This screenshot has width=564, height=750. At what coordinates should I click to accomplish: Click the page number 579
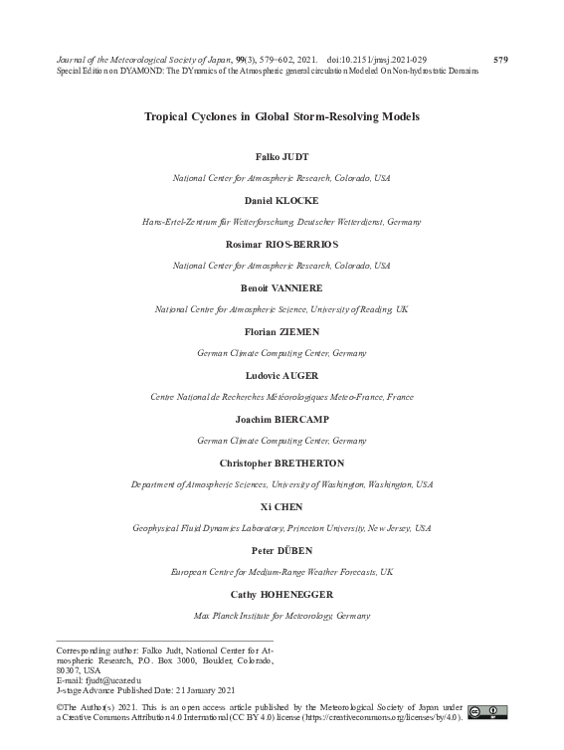click(x=500, y=60)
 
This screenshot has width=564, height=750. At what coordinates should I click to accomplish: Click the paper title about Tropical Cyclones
click(x=282, y=116)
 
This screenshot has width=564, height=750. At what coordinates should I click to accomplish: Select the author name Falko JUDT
click(x=282, y=158)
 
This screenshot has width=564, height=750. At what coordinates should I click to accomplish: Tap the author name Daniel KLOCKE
click(x=282, y=200)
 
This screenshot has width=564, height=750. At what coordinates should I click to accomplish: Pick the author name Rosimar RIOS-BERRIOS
click(x=282, y=243)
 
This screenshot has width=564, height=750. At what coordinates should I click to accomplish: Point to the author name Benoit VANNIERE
click(x=282, y=286)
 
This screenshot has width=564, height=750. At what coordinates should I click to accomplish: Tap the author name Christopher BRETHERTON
click(x=282, y=463)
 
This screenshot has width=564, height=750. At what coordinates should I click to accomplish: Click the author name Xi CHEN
click(x=282, y=506)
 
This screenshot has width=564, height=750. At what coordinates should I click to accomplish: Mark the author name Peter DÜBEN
click(x=282, y=550)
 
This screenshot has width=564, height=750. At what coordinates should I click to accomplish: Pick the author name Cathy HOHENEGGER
click(x=282, y=594)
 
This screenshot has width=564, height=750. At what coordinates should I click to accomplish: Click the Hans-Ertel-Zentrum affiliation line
click(x=282, y=222)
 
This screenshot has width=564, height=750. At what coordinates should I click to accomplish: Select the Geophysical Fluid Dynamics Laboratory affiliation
click(x=282, y=528)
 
